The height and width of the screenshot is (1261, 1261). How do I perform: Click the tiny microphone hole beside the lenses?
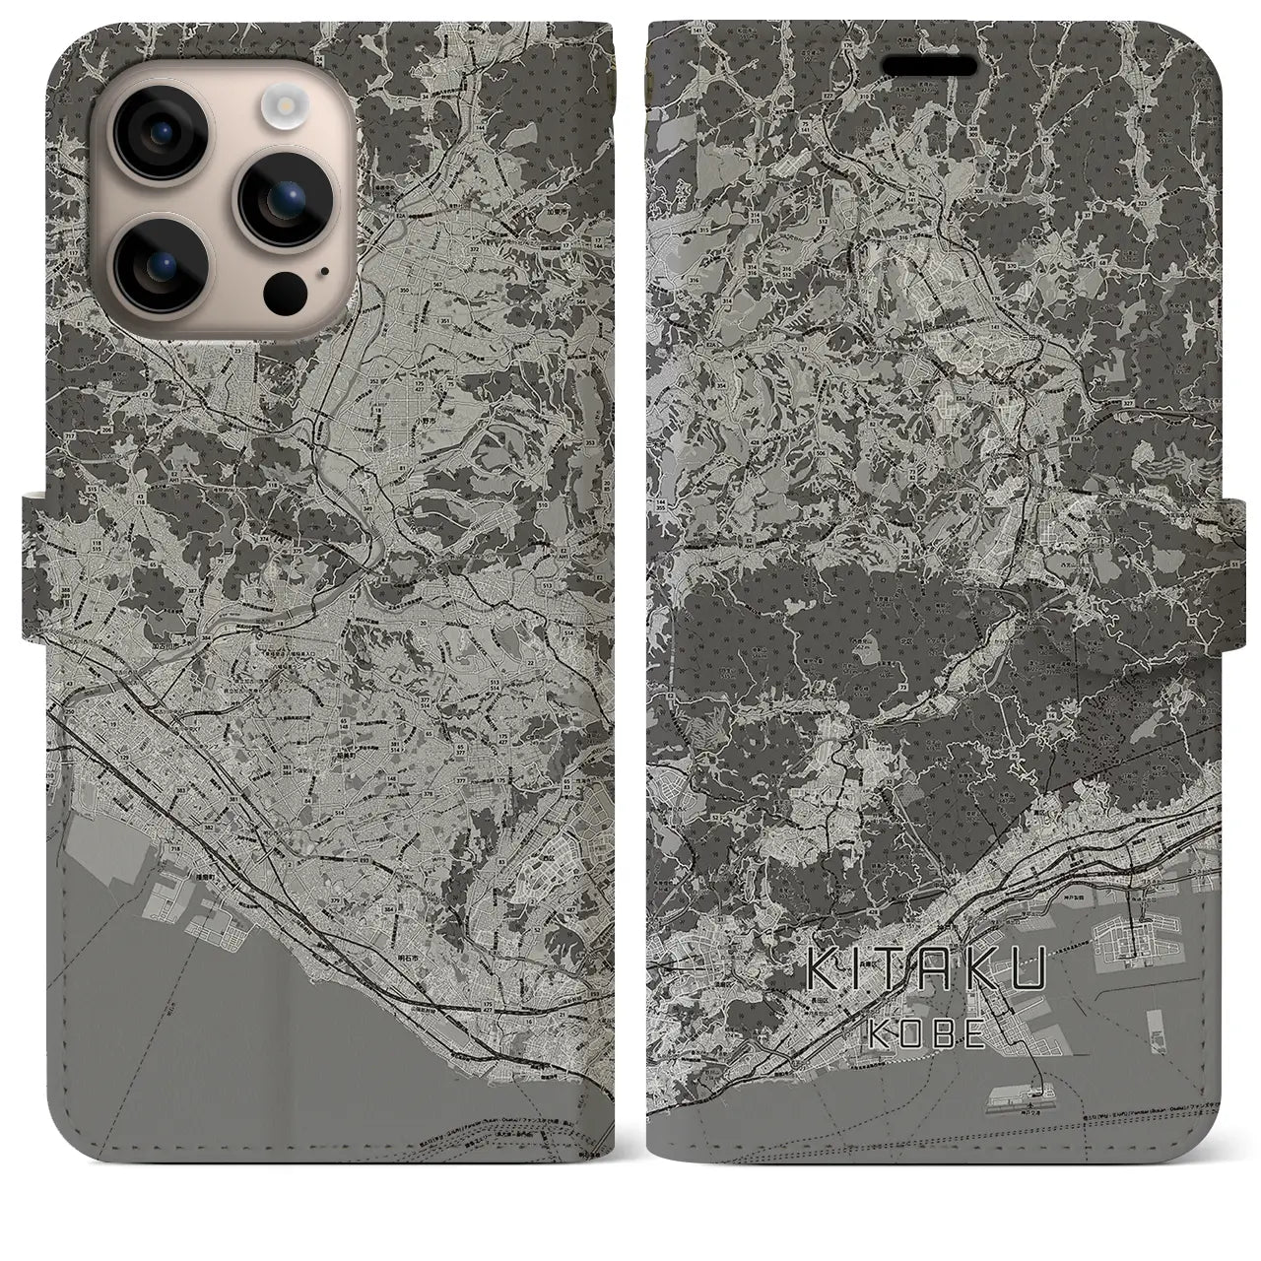pyautogui.click(x=322, y=269)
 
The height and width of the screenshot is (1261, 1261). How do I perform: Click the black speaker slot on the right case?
pyautogui.click(x=931, y=66)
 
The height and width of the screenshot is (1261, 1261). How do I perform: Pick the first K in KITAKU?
pyautogui.click(x=822, y=969)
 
